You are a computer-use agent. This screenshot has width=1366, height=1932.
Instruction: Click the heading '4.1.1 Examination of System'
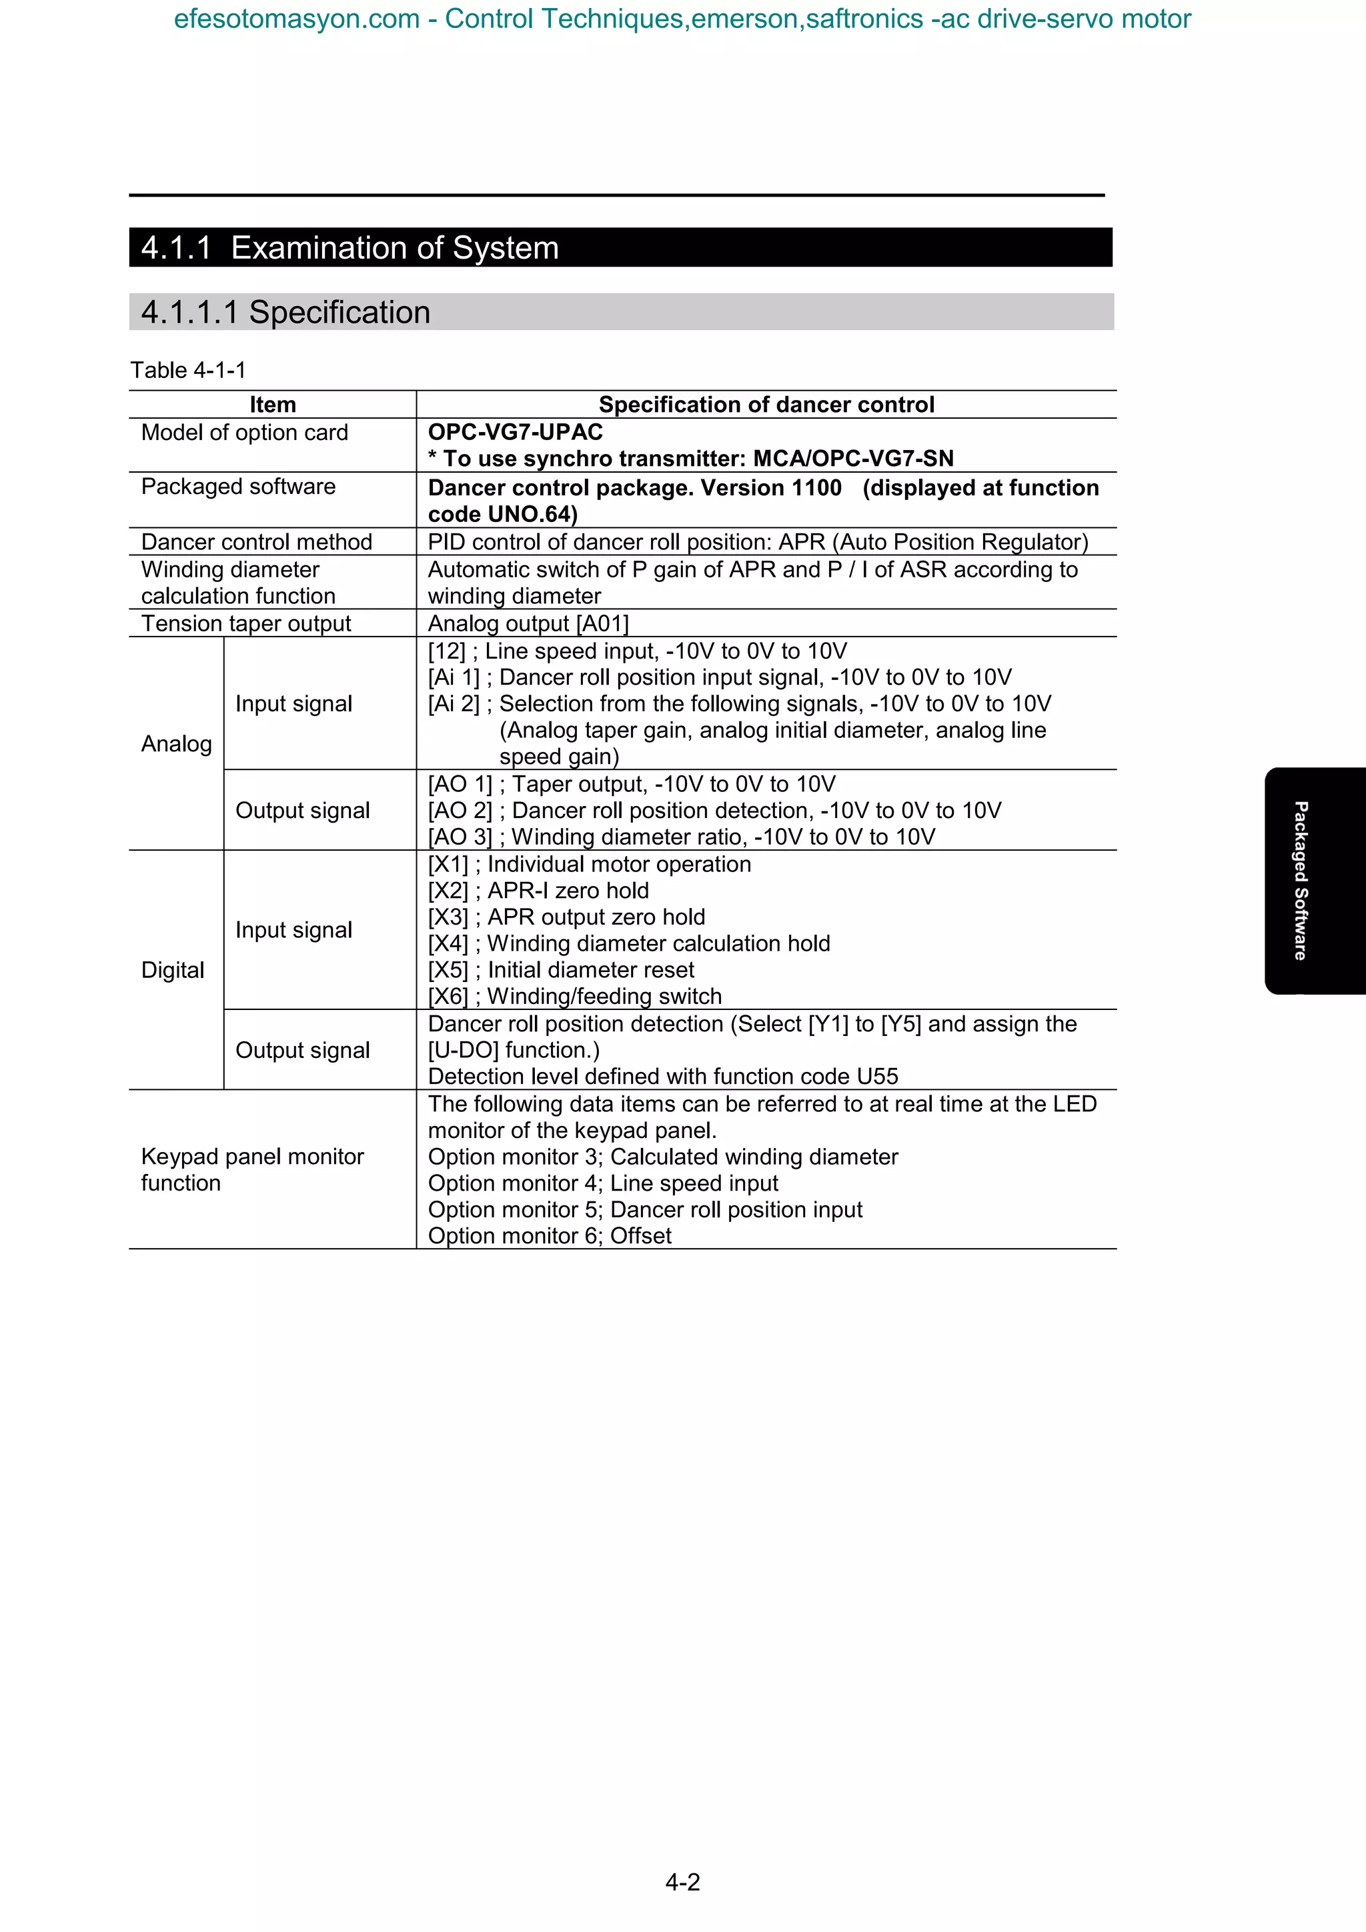coord(350,247)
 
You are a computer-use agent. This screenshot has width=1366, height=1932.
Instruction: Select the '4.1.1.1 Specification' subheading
coord(285,312)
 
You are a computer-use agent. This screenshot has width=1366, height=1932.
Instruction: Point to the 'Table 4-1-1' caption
coord(187,370)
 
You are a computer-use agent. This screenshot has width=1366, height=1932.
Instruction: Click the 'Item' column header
coord(273,405)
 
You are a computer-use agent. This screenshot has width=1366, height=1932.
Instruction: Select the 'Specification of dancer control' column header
coord(766,405)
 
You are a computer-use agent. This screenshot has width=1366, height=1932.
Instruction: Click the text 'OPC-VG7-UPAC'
coord(515,432)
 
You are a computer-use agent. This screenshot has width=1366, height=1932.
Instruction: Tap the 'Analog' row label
coord(176,744)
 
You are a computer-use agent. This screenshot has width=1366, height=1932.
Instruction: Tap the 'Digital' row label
coord(173,970)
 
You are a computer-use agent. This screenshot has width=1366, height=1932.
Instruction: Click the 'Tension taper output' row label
coord(245,623)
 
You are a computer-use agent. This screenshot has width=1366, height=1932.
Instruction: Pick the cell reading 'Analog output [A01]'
coord(528,623)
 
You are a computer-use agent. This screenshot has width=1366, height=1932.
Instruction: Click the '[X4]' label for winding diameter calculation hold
coord(448,943)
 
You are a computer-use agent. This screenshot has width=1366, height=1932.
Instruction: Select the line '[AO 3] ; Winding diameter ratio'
coord(681,837)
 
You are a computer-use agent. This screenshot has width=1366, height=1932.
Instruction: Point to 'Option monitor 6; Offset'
coord(550,1235)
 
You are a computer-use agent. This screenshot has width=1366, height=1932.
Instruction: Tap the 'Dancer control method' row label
coord(256,542)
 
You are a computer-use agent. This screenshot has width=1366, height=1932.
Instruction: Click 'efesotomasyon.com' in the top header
coord(296,19)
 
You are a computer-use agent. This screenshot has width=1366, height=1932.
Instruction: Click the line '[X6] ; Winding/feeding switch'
coord(575,996)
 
